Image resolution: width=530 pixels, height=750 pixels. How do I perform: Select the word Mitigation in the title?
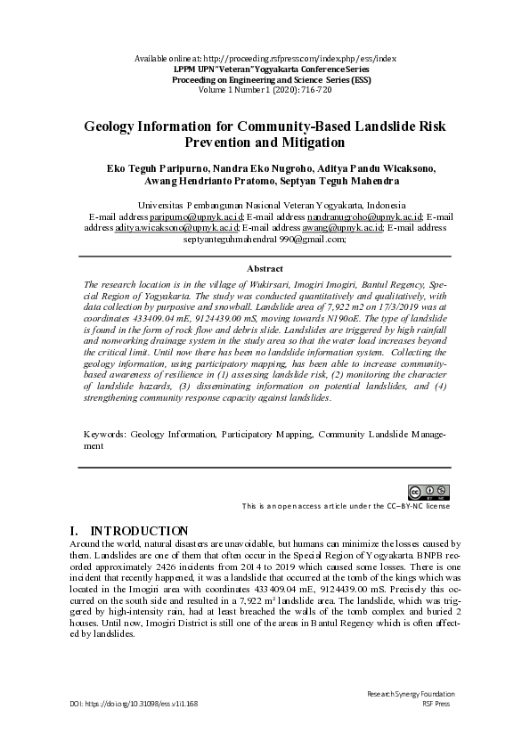coord(308,143)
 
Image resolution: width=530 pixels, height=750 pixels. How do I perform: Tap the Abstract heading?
coord(265,268)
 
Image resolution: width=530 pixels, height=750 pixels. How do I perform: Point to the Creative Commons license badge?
coord(428,492)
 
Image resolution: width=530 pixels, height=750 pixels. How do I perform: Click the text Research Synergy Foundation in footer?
coord(411,694)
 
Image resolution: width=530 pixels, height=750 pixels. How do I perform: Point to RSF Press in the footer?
coord(437,704)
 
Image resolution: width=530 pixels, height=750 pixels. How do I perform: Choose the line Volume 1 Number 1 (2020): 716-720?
coord(265,89)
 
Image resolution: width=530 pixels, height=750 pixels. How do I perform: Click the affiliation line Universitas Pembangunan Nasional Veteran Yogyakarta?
coord(265,205)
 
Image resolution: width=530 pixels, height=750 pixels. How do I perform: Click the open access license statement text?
coord(346,506)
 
